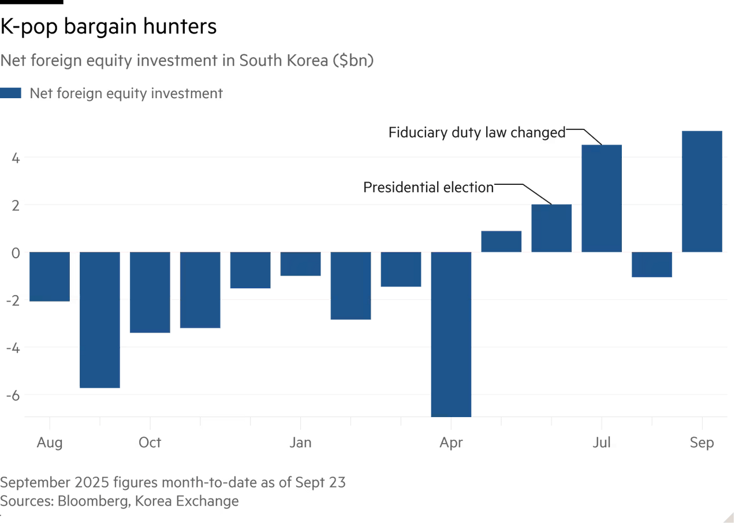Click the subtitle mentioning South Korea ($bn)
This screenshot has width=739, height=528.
click(188, 61)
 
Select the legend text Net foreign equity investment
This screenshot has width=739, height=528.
click(126, 94)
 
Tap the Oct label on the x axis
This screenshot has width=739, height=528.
click(150, 443)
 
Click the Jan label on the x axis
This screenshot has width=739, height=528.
click(300, 443)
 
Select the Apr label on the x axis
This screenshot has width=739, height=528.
click(450, 443)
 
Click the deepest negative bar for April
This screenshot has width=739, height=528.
click(451, 335)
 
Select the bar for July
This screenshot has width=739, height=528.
click(602, 198)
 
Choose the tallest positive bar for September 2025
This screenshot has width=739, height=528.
click(701, 191)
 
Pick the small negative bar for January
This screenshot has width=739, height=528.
click(300, 265)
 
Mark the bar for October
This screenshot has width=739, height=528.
click(150, 293)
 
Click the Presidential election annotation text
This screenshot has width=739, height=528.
click(428, 187)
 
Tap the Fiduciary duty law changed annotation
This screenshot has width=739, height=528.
click(477, 132)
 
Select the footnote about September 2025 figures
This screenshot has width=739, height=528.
click(173, 482)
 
